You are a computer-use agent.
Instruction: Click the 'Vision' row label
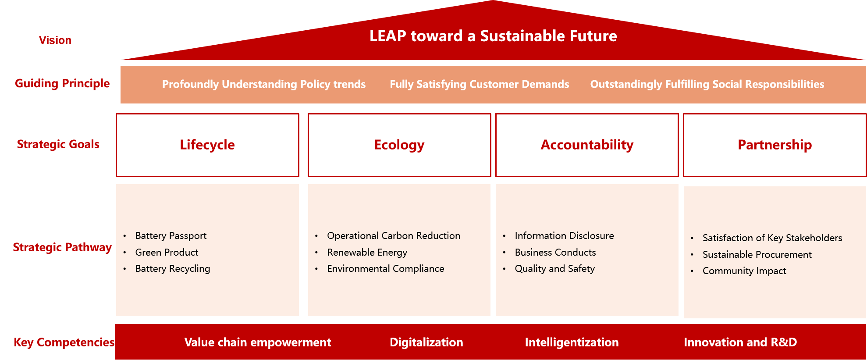55,40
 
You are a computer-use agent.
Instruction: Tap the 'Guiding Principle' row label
62,83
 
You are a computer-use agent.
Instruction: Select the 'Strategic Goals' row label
58,144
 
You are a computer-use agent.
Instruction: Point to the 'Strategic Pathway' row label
62,247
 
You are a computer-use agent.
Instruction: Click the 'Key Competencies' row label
64,342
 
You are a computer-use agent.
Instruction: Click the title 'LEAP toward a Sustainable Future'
493,36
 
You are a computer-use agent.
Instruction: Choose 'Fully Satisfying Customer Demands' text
480,84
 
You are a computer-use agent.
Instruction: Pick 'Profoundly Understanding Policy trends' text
264,84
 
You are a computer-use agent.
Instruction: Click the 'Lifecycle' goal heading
207,145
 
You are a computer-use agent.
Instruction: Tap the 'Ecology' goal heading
399,145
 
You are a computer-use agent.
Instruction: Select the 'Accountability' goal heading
587,145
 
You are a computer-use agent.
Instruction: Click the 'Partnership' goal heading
775,145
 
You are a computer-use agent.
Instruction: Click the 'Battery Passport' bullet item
171,236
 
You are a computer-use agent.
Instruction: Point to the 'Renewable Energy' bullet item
367,253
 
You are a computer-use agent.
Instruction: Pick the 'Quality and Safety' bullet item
555,269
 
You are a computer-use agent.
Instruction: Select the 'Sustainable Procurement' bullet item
757,255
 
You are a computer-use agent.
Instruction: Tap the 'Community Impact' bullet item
745,271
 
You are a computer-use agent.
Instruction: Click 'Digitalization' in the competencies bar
426,342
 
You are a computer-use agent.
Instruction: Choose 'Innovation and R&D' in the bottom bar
740,342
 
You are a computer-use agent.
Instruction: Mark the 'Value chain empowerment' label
258,342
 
